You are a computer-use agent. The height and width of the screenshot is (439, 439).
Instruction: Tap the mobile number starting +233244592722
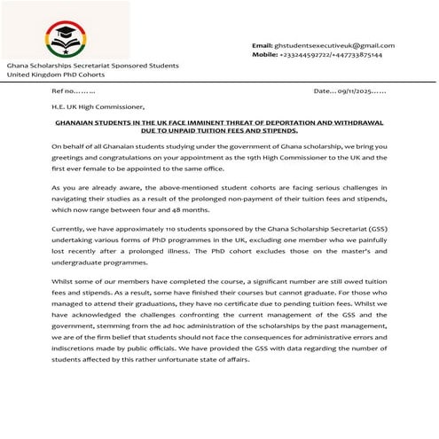point(330,54)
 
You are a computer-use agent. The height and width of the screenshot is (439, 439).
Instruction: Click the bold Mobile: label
point(265,54)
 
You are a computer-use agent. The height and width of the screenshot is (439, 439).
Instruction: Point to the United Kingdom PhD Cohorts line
point(55,74)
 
